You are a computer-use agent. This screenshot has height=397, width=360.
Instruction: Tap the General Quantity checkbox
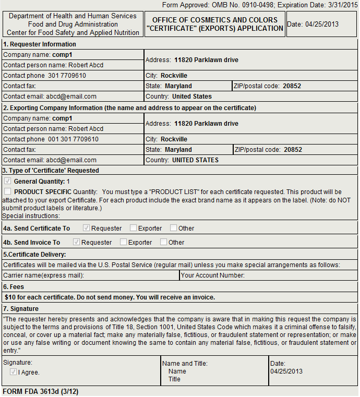point(7,181)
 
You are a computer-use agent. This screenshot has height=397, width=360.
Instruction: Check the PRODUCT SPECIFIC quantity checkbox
point(7,191)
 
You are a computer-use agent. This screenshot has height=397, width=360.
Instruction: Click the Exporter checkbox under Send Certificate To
point(134,228)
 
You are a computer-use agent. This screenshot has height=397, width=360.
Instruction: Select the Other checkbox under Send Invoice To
point(164,242)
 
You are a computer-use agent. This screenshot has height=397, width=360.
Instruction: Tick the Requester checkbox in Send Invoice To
point(77,242)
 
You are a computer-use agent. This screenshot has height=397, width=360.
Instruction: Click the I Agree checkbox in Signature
point(14,372)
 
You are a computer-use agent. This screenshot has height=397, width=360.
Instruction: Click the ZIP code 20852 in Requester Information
point(292,86)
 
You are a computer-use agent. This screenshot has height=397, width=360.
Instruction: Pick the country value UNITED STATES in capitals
point(195,160)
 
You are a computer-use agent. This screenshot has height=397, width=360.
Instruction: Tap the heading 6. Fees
point(14,287)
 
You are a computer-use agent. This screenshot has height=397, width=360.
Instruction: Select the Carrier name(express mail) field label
point(44,275)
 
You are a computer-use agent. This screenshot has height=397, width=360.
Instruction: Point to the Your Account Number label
point(213,275)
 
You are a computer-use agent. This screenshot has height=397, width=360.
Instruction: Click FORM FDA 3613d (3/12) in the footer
point(40,391)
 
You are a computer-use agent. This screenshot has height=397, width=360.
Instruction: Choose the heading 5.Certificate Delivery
point(34,255)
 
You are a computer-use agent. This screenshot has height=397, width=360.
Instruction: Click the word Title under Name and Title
point(174,379)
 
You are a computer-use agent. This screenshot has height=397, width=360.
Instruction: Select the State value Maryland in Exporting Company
point(178,150)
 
